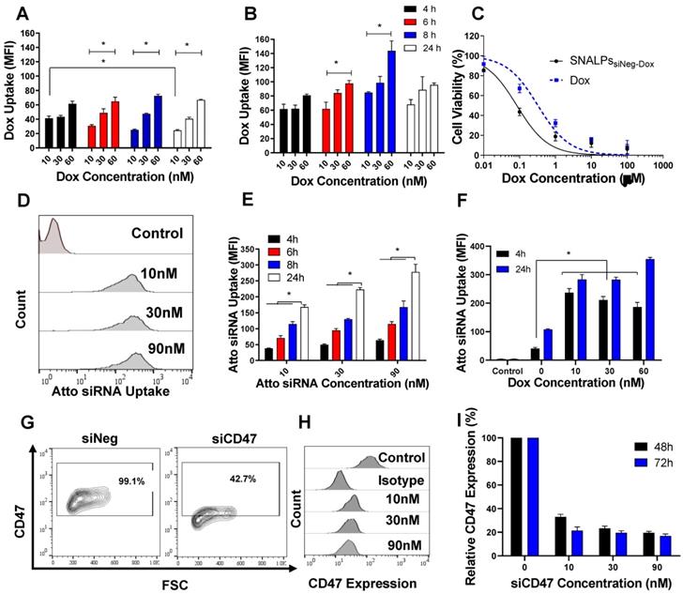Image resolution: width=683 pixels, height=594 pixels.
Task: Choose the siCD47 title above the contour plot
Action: coord(221,421)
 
